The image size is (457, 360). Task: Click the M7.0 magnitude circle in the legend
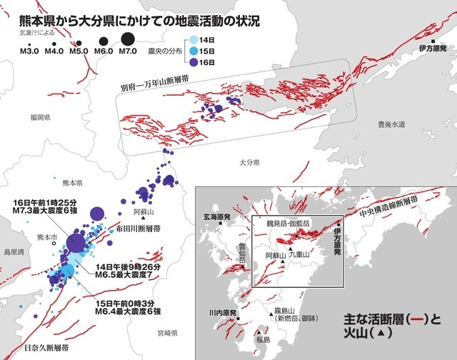128,40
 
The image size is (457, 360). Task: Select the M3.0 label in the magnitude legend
29,51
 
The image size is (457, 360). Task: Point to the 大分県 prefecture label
243,164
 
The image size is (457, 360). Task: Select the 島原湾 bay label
14,252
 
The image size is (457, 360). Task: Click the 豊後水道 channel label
391,124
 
